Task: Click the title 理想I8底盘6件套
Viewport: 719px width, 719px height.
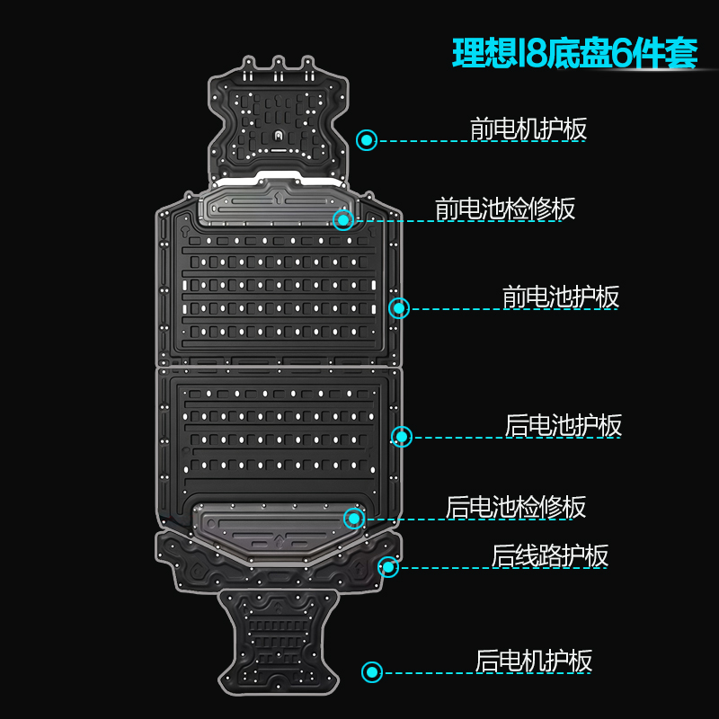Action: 575,53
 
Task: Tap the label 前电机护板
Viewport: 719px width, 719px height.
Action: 528,129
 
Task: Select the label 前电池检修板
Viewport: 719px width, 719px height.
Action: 505,209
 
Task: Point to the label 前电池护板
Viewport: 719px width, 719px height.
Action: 561,297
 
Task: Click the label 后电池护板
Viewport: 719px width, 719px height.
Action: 564,425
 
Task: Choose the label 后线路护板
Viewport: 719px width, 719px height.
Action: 550,555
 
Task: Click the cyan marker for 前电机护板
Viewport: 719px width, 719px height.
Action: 367,139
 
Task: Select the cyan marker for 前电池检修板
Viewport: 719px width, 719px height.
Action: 343,219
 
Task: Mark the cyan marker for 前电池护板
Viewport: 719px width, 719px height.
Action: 399,308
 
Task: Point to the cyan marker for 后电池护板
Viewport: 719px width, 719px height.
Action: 402,437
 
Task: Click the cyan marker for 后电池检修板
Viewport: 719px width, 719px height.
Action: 354,518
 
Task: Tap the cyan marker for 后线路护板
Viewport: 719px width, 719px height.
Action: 388,567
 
